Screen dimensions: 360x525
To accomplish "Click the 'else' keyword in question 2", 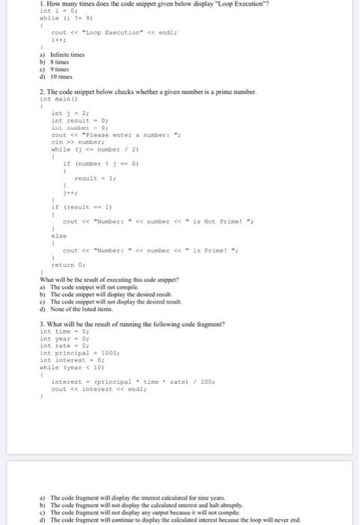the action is [58, 234].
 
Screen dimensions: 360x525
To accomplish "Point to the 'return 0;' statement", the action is [67, 265].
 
